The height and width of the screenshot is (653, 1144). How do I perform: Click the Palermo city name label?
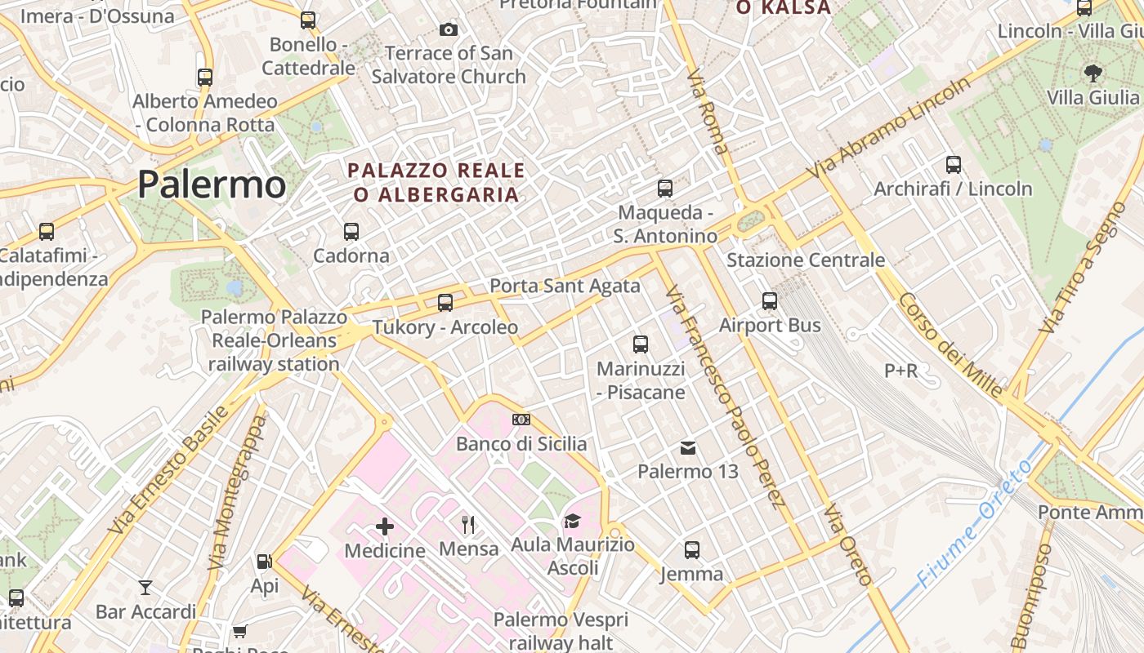pyautogui.click(x=212, y=184)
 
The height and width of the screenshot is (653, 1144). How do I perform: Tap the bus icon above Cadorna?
pyautogui.click(x=351, y=231)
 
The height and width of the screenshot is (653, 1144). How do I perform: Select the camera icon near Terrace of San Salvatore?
pyautogui.click(x=448, y=30)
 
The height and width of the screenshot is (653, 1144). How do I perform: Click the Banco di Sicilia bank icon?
pyautogui.click(x=521, y=420)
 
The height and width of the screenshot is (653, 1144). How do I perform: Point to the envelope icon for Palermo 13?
pyautogui.click(x=688, y=447)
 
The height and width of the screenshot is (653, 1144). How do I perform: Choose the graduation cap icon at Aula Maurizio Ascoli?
pyautogui.click(x=572, y=521)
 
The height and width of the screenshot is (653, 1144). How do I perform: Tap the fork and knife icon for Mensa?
pyautogui.click(x=468, y=524)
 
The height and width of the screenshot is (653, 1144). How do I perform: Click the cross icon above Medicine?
pyautogui.click(x=385, y=526)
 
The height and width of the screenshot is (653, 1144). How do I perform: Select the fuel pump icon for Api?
pyautogui.click(x=264, y=562)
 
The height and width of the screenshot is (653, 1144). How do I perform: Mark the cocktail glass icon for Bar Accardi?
pyautogui.click(x=145, y=587)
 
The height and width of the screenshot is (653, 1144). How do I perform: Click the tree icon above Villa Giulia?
pyautogui.click(x=1093, y=73)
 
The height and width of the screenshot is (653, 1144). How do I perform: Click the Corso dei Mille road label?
pyautogui.click(x=950, y=344)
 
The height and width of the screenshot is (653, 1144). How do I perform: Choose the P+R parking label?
pyautogui.click(x=901, y=371)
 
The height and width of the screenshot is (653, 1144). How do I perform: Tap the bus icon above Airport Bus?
pyautogui.click(x=770, y=301)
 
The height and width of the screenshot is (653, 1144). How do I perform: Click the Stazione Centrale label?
pyautogui.click(x=806, y=260)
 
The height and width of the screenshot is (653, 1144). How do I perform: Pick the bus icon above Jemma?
pyautogui.click(x=692, y=549)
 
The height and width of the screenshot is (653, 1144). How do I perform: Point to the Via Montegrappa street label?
pyautogui.click(x=237, y=492)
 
